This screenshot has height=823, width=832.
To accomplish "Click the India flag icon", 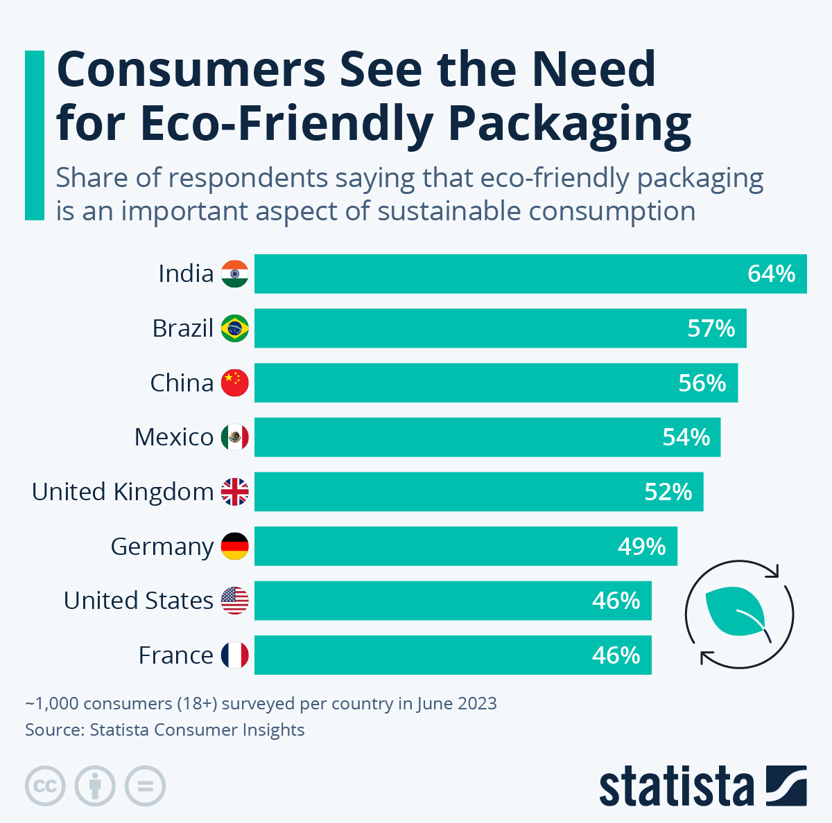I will [234, 274].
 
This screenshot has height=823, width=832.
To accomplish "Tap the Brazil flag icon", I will [234, 328].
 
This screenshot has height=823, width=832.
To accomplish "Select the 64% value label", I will [771, 274].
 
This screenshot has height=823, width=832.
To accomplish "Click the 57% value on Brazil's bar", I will [711, 328].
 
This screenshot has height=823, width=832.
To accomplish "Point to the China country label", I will [182, 383].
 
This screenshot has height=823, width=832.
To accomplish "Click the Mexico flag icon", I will [234, 437].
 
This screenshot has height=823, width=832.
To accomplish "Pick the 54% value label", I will [686, 437].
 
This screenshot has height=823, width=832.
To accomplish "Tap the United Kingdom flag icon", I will [234, 492].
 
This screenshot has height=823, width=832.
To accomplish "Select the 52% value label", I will [668, 492].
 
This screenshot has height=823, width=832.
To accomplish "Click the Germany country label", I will [162, 547].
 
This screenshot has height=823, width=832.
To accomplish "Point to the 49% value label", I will [641, 547].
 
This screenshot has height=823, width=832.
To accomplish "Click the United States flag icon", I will [234, 601].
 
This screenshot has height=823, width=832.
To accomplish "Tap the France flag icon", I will [234, 655].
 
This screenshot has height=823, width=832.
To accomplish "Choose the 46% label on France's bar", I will [616, 655].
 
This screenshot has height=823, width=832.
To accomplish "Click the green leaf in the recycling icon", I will [735, 613].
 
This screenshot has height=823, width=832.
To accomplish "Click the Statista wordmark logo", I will [676, 786].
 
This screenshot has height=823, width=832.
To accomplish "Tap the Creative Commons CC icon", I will [45, 786].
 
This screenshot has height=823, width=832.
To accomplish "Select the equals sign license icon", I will [145, 786].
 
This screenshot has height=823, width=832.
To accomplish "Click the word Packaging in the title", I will [569, 125].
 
